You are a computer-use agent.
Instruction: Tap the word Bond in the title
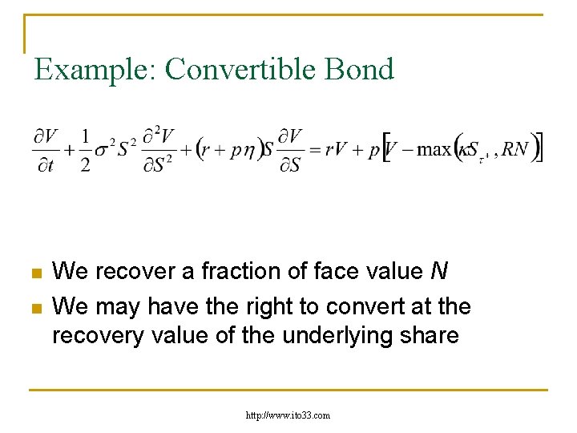coord(363,70)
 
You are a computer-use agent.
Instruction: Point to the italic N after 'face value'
coord(438,272)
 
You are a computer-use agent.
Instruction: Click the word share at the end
coord(432,335)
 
